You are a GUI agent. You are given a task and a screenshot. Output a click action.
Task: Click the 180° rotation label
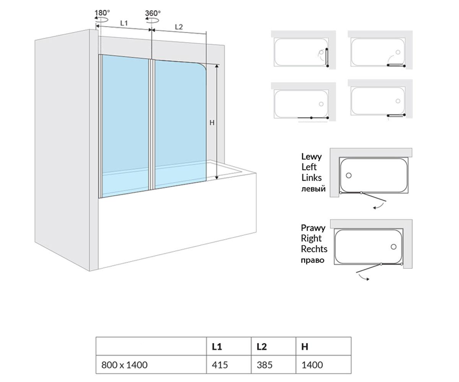pos(102,13)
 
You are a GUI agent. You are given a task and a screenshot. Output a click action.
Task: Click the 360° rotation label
pos(153,13)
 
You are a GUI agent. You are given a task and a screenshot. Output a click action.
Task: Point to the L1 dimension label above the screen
pos(124,23)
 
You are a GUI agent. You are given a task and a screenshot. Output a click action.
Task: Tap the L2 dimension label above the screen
pos(179,27)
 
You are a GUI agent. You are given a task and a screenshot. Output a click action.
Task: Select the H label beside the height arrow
pos(212,123)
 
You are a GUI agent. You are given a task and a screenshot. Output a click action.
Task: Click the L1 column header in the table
pos(217,346)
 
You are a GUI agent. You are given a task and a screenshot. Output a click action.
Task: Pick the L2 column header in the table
pos(262,346)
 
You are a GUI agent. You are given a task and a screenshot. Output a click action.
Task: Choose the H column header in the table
pos(305,346)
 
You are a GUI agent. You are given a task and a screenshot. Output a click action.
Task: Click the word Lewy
pos(311,157)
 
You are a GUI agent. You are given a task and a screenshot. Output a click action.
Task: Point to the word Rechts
pos(314,249)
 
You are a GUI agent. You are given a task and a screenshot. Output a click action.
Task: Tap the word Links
pos(311,178)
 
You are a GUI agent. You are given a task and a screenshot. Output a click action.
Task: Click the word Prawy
pos(313,228)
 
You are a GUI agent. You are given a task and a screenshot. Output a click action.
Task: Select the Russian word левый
pos(313,189)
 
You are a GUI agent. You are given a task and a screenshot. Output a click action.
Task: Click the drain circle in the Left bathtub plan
pos(348,175)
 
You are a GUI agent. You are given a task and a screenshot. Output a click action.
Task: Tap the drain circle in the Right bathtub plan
pos(394,247)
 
